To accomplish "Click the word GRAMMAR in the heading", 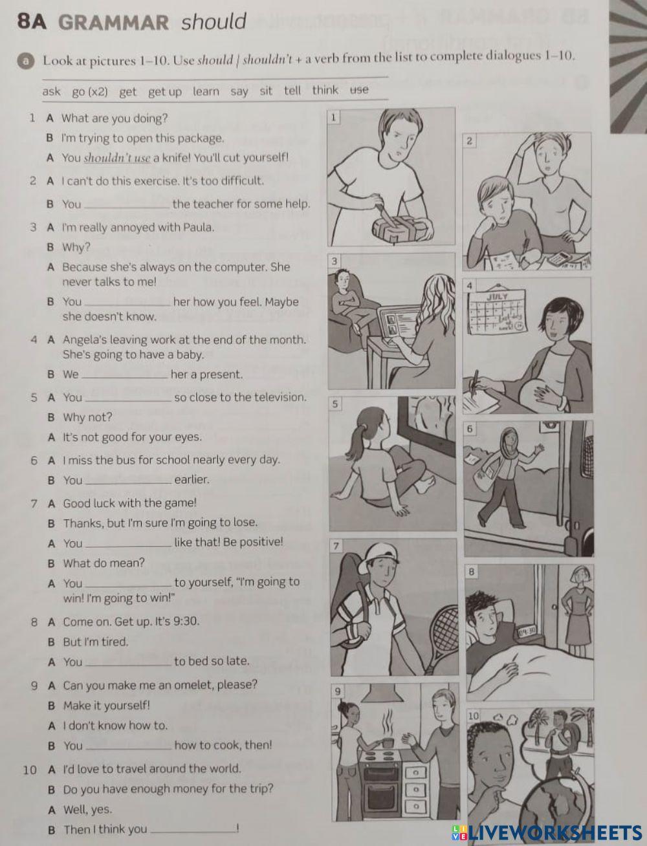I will (x=113, y=23).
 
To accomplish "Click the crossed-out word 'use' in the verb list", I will (x=359, y=90).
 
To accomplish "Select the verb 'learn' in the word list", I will (x=206, y=91).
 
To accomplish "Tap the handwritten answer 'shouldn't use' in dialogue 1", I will (x=117, y=158).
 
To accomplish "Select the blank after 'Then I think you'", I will (x=193, y=830).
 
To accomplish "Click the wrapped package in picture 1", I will (x=396, y=226).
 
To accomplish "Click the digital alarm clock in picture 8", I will (x=527, y=631).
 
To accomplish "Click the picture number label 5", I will (x=335, y=404).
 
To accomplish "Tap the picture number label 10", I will (x=473, y=716).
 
